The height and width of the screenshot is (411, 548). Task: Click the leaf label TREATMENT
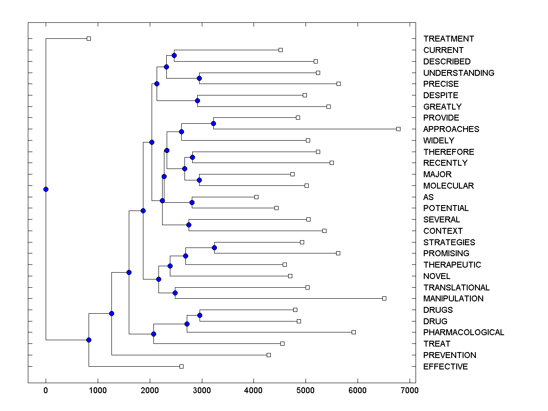coord(448,39)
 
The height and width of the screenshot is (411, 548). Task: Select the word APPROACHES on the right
coord(451,129)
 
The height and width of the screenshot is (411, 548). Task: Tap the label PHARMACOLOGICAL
coord(464,332)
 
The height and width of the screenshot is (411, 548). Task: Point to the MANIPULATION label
coord(453,299)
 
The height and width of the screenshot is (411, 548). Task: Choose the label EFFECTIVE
coord(445,367)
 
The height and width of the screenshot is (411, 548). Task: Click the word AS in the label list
coord(428,197)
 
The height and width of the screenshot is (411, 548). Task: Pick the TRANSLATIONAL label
coord(456,288)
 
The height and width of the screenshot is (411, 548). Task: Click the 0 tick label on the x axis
coord(46,390)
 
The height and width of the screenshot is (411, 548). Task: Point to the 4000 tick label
coord(253,390)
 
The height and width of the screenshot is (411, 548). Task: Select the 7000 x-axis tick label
coord(410,390)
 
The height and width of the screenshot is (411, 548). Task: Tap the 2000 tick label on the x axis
coord(150,390)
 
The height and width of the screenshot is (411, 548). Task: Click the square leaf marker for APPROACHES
coord(398,129)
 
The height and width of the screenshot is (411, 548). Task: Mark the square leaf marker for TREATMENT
coord(89,39)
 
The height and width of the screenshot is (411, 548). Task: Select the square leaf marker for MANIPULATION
coord(384,299)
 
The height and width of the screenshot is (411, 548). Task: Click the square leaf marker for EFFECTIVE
coord(181,366)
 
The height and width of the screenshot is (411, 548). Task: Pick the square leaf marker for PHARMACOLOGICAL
coord(353,332)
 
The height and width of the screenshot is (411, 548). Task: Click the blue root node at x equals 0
coord(46,189)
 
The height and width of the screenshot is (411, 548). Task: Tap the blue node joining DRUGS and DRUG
coord(200,316)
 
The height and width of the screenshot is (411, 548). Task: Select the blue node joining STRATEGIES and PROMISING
coord(215,248)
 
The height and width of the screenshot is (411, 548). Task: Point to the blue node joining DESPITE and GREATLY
coord(198,100)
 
